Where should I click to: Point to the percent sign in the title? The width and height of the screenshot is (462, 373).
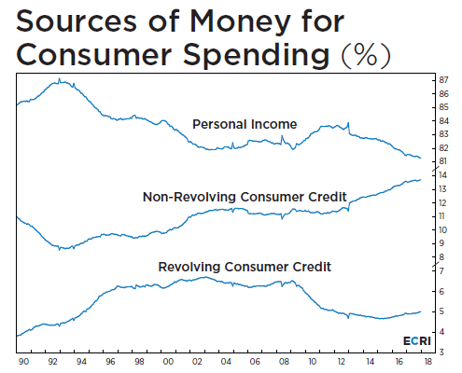[x=367, y=55]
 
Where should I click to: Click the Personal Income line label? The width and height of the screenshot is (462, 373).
[x=245, y=124]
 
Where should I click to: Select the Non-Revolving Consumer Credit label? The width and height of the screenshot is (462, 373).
[x=245, y=197]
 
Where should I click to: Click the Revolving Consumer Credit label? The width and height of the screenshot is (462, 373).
[x=245, y=267]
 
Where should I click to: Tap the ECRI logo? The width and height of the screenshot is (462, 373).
[x=417, y=341]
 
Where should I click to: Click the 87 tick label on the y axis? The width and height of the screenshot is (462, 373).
[x=444, y=80]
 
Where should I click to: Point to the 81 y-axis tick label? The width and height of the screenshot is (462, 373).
[x=442, y=161]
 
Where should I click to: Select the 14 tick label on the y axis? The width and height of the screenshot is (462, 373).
[x=442, y=175]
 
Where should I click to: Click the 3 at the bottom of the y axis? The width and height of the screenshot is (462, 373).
[x=441, y=352]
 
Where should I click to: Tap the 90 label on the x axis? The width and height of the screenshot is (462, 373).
[x=23, y=362]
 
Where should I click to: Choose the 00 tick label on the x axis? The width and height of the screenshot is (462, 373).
[x=168, y=362]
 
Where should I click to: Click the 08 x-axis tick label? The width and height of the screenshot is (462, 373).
[x=284, y=362]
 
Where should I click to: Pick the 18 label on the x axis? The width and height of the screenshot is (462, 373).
[x=428, y=362]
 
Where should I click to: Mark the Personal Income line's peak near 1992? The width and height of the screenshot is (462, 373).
[x=60, y=78]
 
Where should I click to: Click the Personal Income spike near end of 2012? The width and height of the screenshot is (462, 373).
[x=348, y=123]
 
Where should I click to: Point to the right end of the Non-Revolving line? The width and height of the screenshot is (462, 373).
[x=421, y=180]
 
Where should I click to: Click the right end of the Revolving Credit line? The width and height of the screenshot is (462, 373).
[x=421, y=311]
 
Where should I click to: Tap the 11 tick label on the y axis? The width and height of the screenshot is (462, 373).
[x=441, y=216]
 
